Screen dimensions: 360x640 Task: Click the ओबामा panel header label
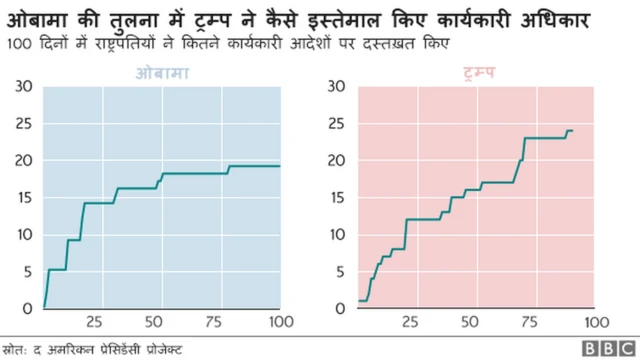tap(162, 74)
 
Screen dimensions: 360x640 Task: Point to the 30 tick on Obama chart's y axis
tap(25, 87)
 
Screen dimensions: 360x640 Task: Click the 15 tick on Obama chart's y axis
tap(25, 197)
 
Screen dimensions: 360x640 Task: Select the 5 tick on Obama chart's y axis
tap(25, 271)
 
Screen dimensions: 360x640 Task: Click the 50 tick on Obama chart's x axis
tap(153, 322)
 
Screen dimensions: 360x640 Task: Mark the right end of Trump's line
tap(572, 131)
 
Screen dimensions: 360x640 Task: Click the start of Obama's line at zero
tap(44, 307)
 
